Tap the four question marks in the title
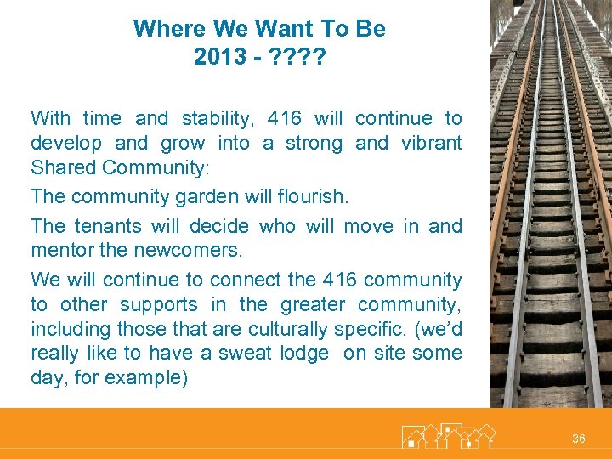tap(297, 57)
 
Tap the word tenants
tap(114, 227)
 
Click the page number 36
tap(579, 439)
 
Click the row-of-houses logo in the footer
tap(448, 437)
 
